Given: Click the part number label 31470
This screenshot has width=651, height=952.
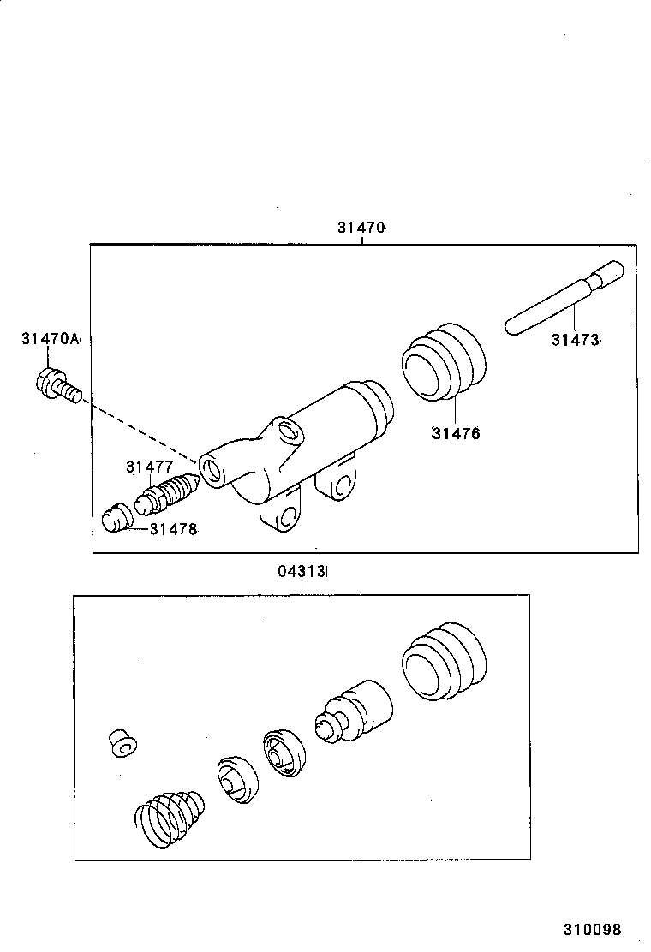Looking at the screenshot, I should click(361, 228).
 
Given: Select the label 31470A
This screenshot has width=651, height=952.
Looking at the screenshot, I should click(50, 340).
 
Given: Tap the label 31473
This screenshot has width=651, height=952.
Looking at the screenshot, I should click(575, 340).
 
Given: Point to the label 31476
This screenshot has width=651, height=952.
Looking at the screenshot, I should click(456, 433).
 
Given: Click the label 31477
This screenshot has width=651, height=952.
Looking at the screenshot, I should click(150, 467).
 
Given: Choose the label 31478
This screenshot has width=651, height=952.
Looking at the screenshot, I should click(173, 530).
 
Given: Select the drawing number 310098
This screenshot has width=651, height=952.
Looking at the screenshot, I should click(592, 930).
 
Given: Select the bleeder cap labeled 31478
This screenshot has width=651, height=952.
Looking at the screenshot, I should click(113, 519).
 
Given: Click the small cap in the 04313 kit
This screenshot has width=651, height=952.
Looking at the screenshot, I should click(122, 743).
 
